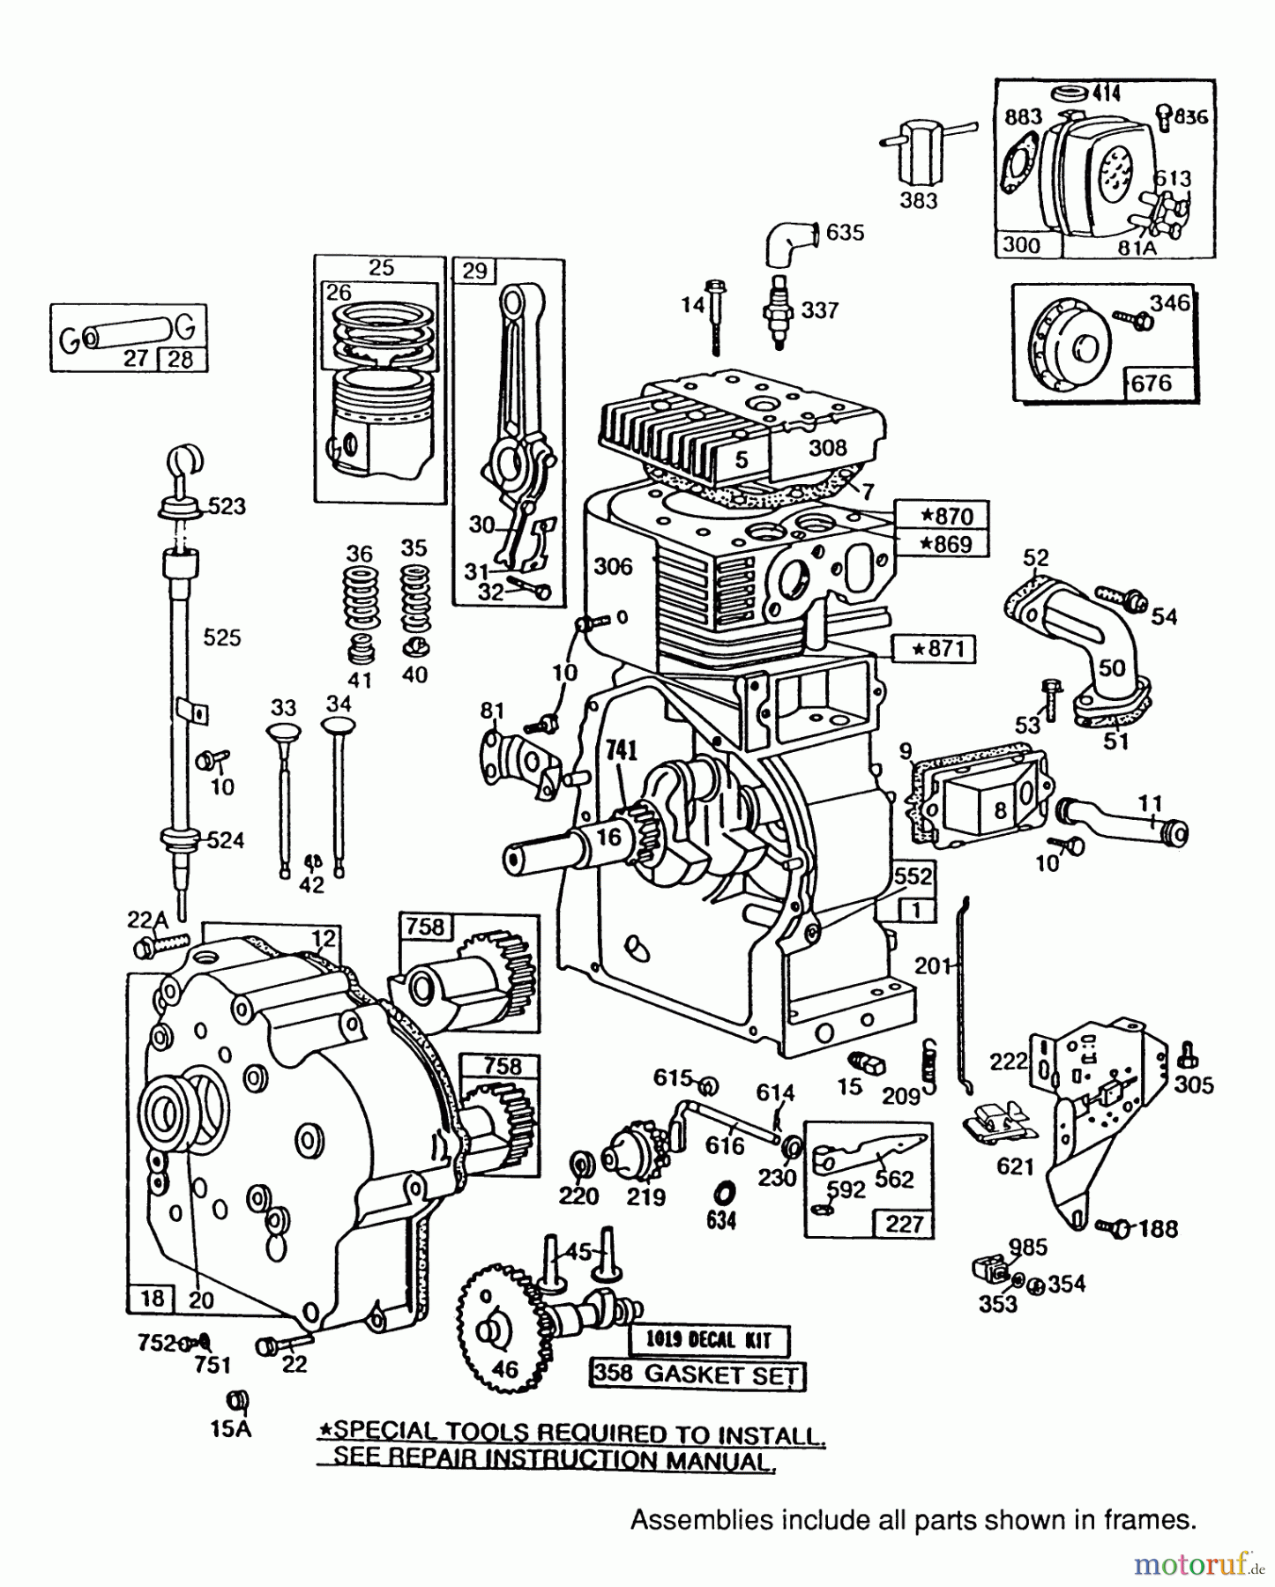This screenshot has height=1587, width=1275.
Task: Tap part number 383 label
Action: (918, 201)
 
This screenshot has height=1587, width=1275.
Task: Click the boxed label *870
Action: (941, 515)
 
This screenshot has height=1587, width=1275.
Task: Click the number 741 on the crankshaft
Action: (622, 750)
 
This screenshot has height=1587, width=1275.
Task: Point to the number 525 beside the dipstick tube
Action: (221, 637)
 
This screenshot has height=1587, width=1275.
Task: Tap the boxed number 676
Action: (1151, 382)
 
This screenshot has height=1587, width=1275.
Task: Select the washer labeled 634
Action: (721, 1195)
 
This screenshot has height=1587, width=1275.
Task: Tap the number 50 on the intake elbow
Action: (1112, 667)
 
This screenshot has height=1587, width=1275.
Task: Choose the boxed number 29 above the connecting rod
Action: (474, 271)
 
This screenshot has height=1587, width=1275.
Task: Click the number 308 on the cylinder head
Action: (827, 448)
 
